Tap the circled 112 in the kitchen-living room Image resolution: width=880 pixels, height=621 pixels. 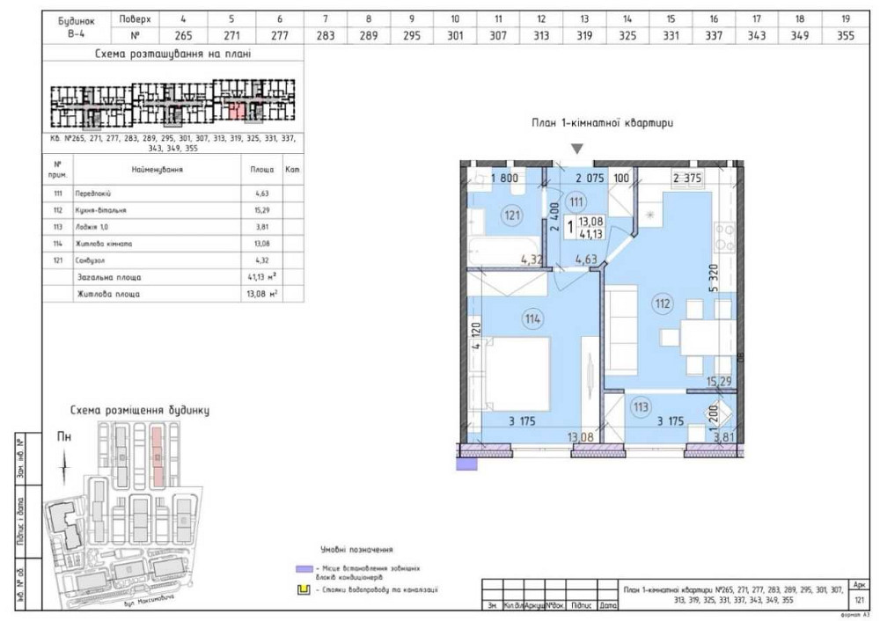(662, 305)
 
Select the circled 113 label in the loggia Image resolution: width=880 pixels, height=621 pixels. (641, 406)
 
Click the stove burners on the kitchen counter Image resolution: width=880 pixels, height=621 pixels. (727, 234)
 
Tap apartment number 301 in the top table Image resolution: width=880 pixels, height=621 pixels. (455, 36)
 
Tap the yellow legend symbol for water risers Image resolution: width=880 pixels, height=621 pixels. (303, 589)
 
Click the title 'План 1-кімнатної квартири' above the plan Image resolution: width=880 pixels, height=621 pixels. (603, 124)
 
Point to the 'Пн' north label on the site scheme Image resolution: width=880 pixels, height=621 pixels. (63, 435)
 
